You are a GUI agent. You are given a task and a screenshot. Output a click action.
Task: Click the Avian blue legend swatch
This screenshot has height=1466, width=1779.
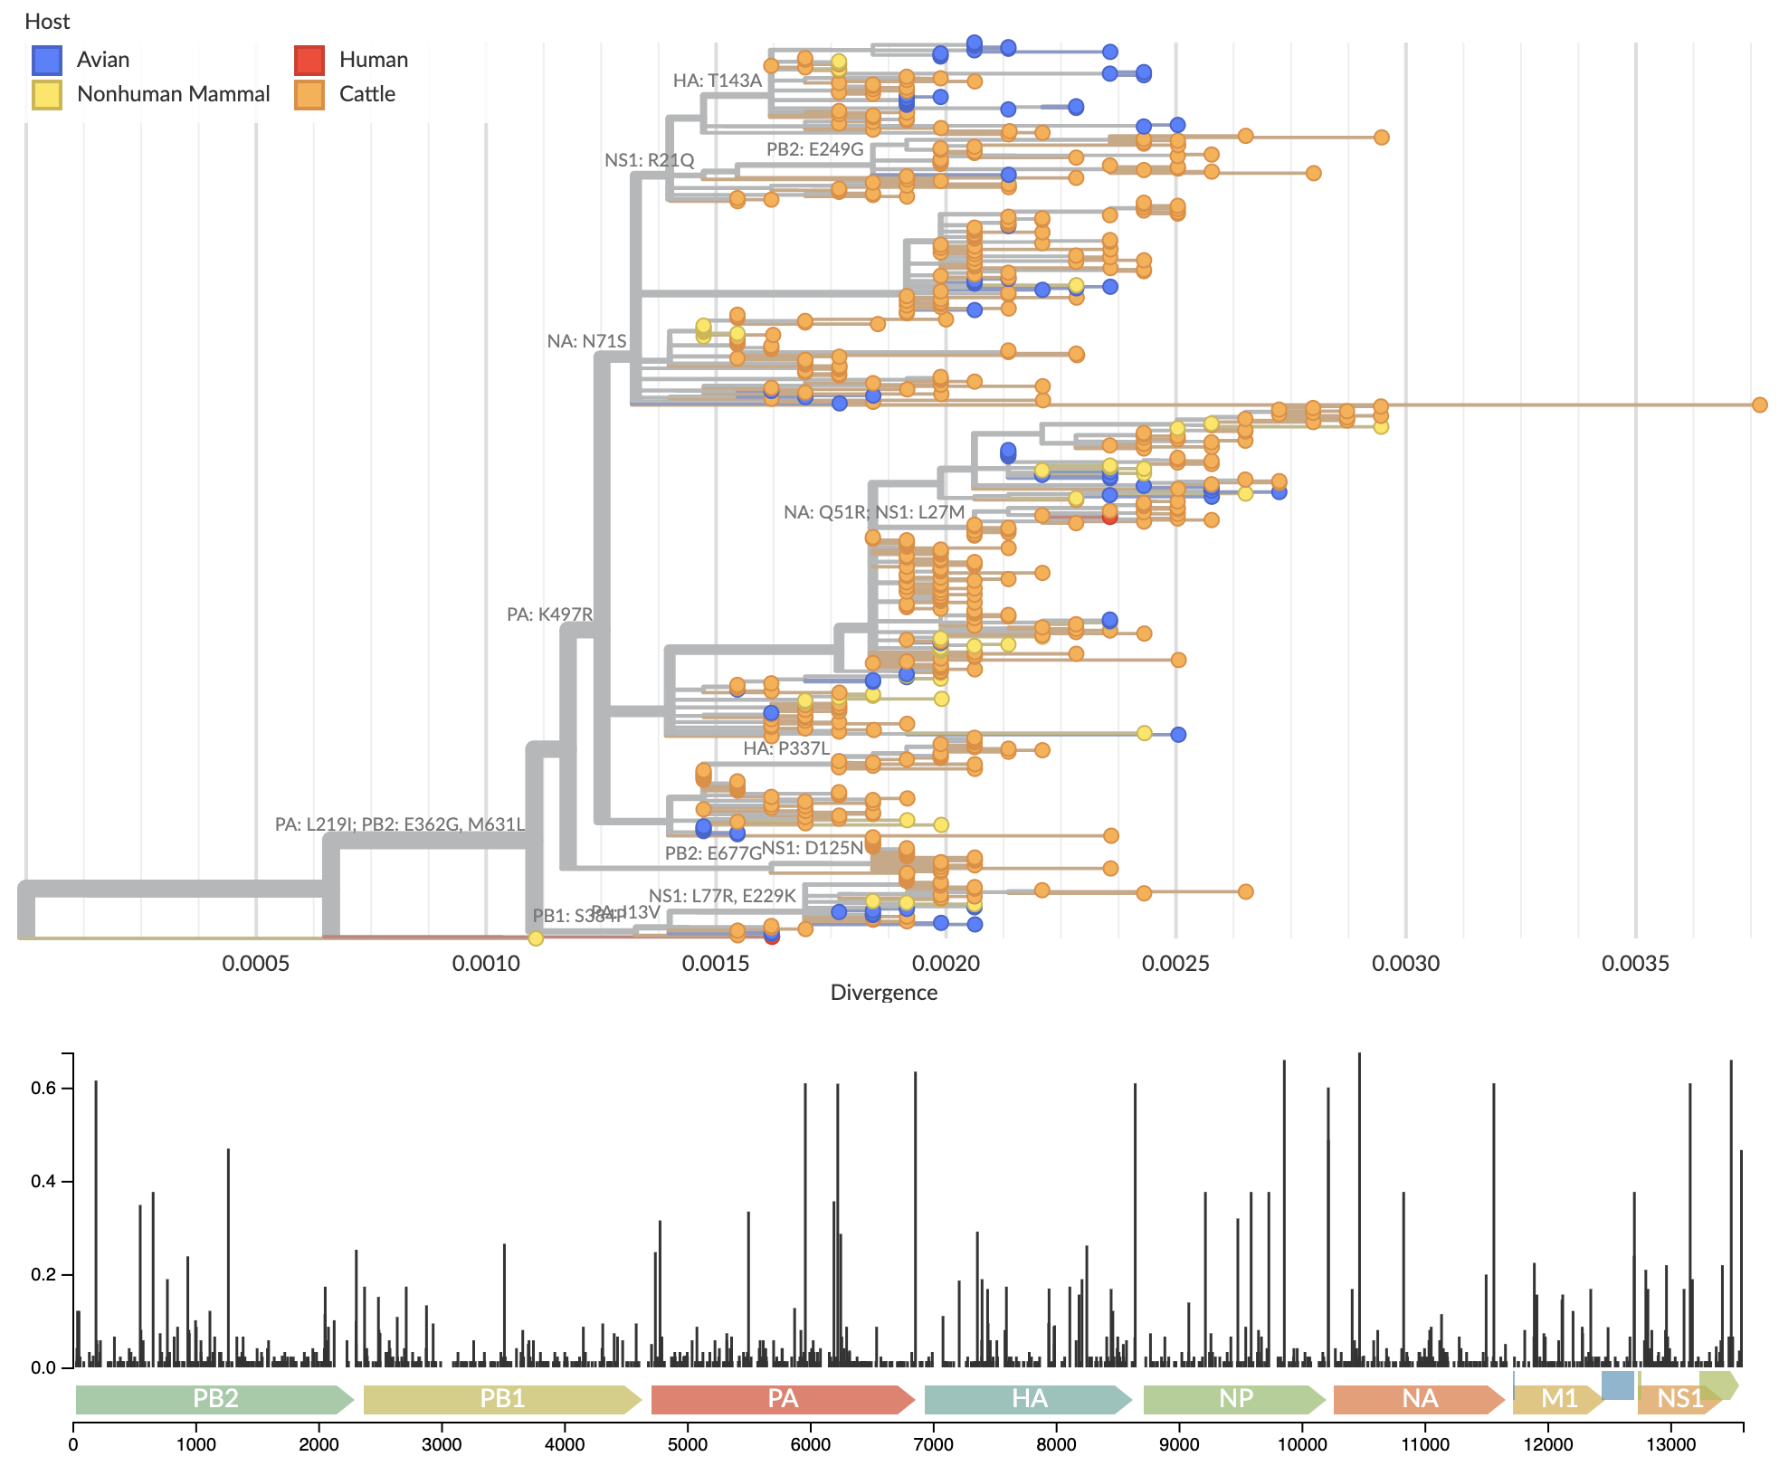pos(47,60)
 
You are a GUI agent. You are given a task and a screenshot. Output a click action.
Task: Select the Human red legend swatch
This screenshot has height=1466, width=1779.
pos(309,60)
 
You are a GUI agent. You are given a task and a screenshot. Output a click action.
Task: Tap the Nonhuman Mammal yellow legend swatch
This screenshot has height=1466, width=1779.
pos(47,94)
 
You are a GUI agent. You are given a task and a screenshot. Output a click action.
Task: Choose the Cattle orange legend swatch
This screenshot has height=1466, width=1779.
pos(309,94)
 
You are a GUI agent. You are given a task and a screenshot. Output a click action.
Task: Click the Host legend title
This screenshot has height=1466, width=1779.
pos(47,22)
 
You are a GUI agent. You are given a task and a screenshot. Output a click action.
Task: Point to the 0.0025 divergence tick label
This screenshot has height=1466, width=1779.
pos(1175,964)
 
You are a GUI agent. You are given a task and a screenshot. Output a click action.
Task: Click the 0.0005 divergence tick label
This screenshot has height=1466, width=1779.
pos(256,964)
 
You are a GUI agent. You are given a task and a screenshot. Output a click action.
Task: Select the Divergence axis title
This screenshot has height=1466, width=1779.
pos(883,993)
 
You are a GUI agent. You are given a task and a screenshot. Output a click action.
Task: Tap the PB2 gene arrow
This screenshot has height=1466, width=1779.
pos(214,1399)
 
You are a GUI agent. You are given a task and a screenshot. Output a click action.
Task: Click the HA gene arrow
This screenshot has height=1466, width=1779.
pos(1029,1399)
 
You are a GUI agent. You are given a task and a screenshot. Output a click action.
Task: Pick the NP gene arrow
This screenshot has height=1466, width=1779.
pos(1235,1399)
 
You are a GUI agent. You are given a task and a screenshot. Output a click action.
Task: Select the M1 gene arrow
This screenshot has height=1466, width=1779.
pos(1558,1399)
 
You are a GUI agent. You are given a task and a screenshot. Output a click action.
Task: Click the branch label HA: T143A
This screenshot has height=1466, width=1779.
pos(718,81)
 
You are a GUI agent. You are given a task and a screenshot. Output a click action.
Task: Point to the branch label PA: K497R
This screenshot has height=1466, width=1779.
pos(549,614)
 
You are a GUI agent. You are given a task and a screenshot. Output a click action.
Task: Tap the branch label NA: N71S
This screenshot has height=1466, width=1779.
pos(586,341)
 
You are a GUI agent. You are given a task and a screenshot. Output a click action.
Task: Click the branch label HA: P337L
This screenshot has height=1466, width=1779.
pos(786,748)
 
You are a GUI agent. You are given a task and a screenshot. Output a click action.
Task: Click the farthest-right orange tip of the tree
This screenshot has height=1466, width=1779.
pos(1759,405)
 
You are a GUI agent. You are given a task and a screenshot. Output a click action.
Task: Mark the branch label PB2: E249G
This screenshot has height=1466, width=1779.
pos(814,149)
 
